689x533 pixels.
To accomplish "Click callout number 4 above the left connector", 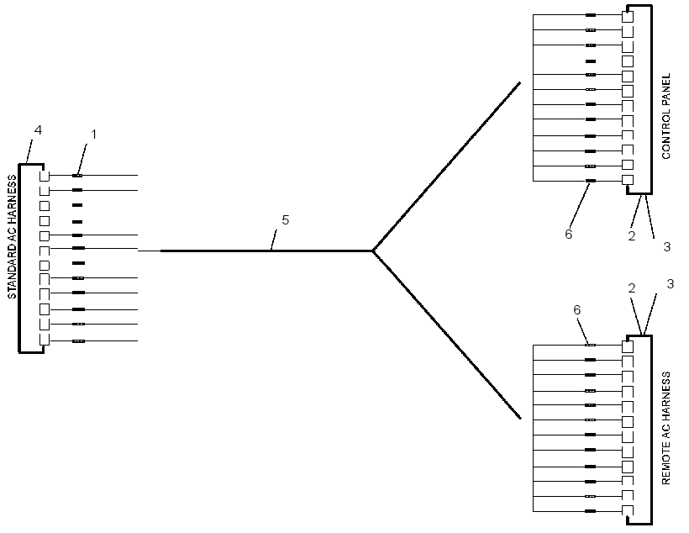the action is (38, 130).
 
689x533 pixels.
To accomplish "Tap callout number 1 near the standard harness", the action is (93, 135).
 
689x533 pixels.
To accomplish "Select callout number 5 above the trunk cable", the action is (286, 220).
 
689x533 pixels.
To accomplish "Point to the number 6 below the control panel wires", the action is (569, 234).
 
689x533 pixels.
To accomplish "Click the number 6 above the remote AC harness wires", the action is (577, 310).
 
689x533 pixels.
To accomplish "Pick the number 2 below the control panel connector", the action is (632, 236).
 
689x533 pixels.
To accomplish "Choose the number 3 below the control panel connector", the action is (667, 246).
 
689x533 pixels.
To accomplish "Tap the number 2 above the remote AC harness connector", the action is (632, 288).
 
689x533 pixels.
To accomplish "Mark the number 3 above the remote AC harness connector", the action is (671, 284).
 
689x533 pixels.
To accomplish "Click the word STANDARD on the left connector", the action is (13, 272).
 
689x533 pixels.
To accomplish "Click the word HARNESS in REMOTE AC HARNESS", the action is (666, 397).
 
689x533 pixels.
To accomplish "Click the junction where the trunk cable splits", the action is (372, 251).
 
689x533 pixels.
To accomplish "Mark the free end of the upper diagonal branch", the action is (520, 82).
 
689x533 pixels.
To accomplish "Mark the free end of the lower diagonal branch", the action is (521, 418).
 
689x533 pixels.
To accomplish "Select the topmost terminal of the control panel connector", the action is (628, 17).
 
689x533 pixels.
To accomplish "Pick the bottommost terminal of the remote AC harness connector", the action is (628, 510).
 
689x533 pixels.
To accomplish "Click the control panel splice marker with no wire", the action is (591, 61).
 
